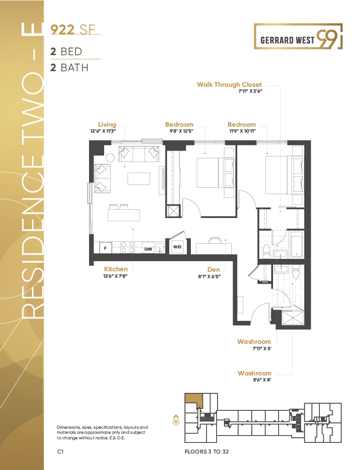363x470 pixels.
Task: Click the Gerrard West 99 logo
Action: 298,36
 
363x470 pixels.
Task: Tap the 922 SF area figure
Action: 73,29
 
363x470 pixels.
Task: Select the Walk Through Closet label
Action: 229,84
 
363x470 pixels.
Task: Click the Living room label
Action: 107,124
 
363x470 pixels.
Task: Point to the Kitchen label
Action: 116,269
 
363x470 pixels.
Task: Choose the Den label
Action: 213,269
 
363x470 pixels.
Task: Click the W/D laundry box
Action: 177,247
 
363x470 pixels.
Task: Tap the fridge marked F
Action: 105,248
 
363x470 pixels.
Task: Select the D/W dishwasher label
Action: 148,249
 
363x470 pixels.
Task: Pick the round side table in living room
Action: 110,157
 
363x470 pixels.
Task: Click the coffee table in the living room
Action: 139,179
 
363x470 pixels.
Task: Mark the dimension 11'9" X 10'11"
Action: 242,131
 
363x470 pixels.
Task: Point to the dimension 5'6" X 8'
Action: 262,380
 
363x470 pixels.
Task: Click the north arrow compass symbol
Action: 176,420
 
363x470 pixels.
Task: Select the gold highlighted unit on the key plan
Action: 193,400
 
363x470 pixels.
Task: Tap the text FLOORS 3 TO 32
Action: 207,452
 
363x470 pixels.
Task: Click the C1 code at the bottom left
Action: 60,452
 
